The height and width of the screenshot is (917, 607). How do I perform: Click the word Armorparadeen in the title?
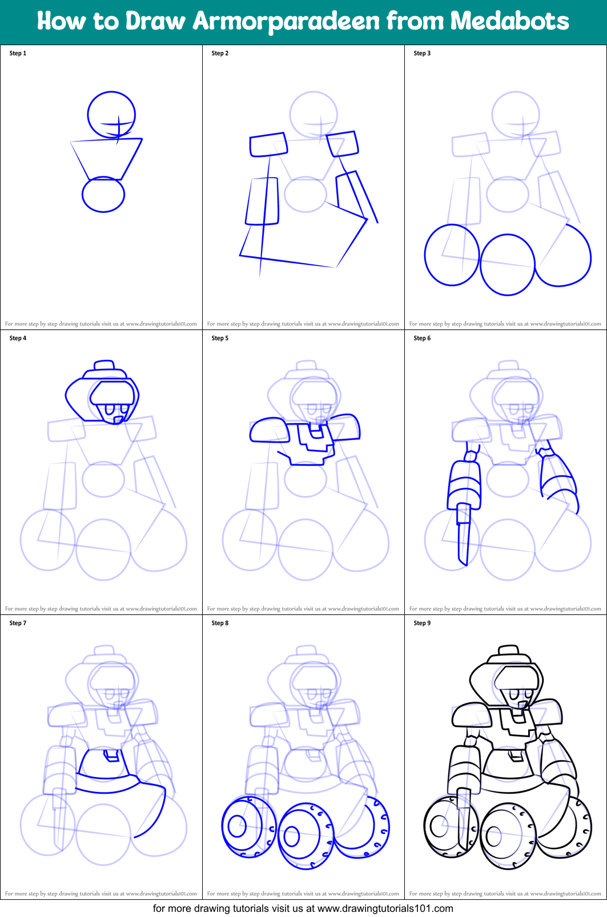(x=287, y=21)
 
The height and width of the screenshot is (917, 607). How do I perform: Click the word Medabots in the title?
(x=509, y=21)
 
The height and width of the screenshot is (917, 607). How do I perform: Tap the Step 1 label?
(x=18, y=53)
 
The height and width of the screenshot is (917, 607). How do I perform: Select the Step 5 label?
(x=220, y=338)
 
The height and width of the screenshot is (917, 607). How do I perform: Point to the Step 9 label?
(x=422, y=623)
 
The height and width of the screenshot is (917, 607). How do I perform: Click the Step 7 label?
(x=18, y=623)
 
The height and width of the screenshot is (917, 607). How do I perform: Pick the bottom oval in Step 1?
(x=103, y=195)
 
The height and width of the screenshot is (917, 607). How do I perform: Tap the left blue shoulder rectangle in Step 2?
(x=268, y=144)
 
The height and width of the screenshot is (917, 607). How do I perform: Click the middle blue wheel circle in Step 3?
(x=508, y=264)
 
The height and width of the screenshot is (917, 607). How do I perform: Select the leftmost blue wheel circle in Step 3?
(x=452, y=255)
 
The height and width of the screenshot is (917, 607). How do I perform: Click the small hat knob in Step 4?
(x=104, y=365)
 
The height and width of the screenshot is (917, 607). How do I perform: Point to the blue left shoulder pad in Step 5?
(x=270, y=430)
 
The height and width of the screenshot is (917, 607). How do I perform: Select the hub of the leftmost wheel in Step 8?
(x=237, y=825)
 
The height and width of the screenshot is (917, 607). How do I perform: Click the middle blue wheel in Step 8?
(x=305, y=836)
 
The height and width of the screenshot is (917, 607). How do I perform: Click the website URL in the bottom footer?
(x=385, y=908)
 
